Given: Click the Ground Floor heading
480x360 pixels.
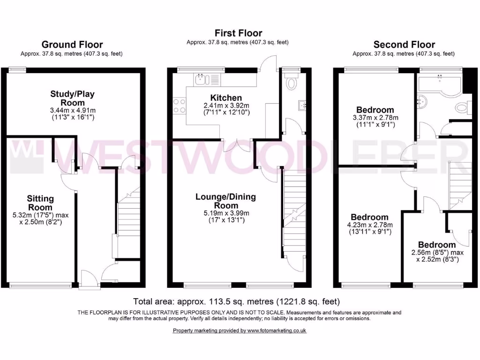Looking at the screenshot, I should (x=72, y=45).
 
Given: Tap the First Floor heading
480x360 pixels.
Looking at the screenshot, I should (x=238, y=33).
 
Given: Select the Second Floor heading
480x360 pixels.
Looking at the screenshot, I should (x=404, y=45).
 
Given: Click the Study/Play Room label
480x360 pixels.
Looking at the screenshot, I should (x=72, y=98).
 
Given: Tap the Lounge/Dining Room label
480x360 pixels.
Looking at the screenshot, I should (x=226, y=201).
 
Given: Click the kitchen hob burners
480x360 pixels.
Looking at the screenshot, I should (x=179, y=105).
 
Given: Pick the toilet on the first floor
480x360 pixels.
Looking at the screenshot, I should (x=292, y=83).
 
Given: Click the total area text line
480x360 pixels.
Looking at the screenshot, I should (x=237, y=301).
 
